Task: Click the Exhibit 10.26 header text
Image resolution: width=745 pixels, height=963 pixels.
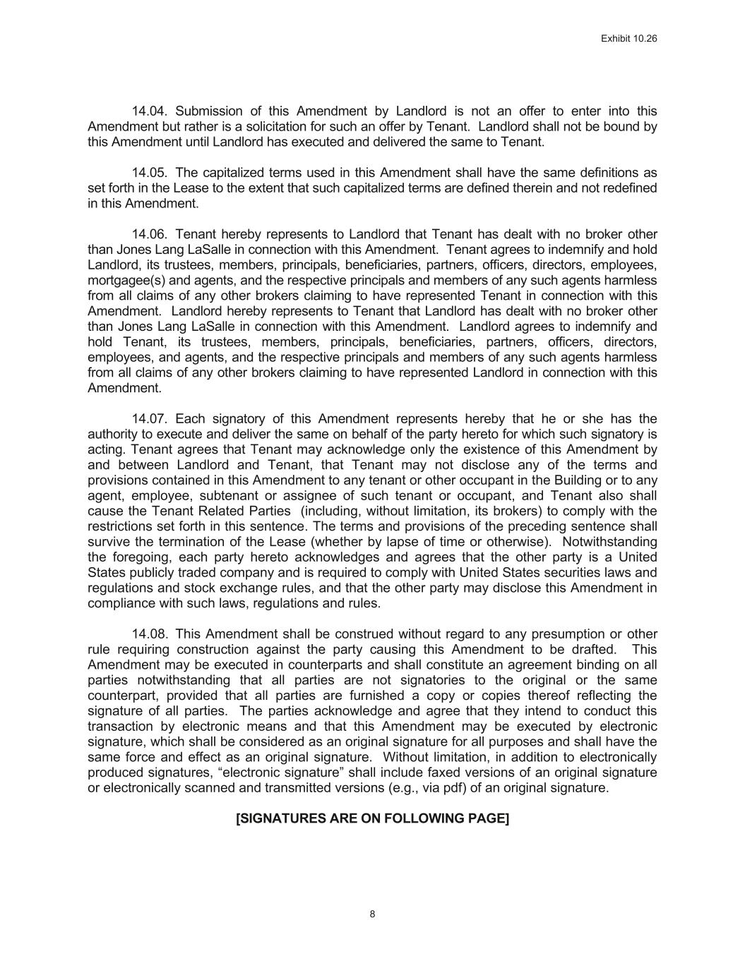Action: (628, 39)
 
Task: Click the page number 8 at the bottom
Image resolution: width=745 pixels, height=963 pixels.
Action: (372, 914)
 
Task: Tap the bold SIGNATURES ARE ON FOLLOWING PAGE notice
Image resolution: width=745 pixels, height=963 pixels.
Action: (372, 818)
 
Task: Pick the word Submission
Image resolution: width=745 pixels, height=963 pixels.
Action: (208, 111)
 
